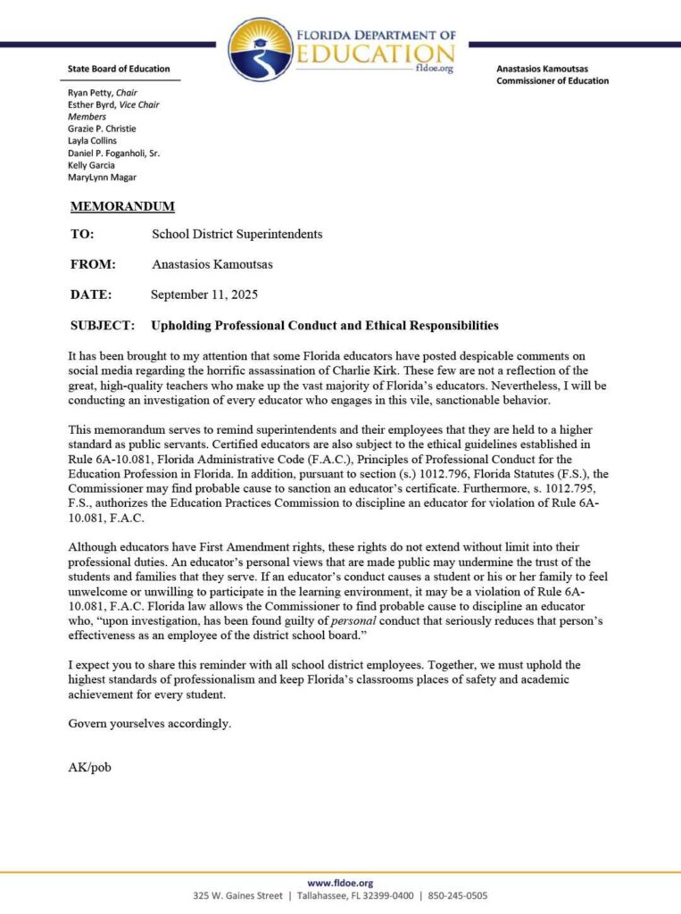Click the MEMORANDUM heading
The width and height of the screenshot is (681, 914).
pyautogui.click(x=122, y=207)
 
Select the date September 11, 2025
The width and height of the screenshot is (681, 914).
pyautogui.click(x=204, y=295)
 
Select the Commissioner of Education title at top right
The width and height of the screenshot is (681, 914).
pyautogui.click(x=552, y=81)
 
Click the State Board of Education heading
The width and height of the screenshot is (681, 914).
pyautogui.click(x=119, y=69)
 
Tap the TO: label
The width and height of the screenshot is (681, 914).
pyautogui.click(x=81, y=235)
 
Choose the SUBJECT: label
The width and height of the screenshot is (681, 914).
pyautogui.click(x=102, y=325)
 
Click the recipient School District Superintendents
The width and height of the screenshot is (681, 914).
pyautogui.click(x=237, y=235)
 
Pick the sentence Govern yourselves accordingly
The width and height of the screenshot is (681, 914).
pyautogui.click(x=149, y=724)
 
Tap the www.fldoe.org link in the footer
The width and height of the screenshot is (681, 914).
pyautogui.click(x=340, y=883)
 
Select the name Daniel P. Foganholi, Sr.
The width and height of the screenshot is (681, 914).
pyautogui.click(x=113, y=153)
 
